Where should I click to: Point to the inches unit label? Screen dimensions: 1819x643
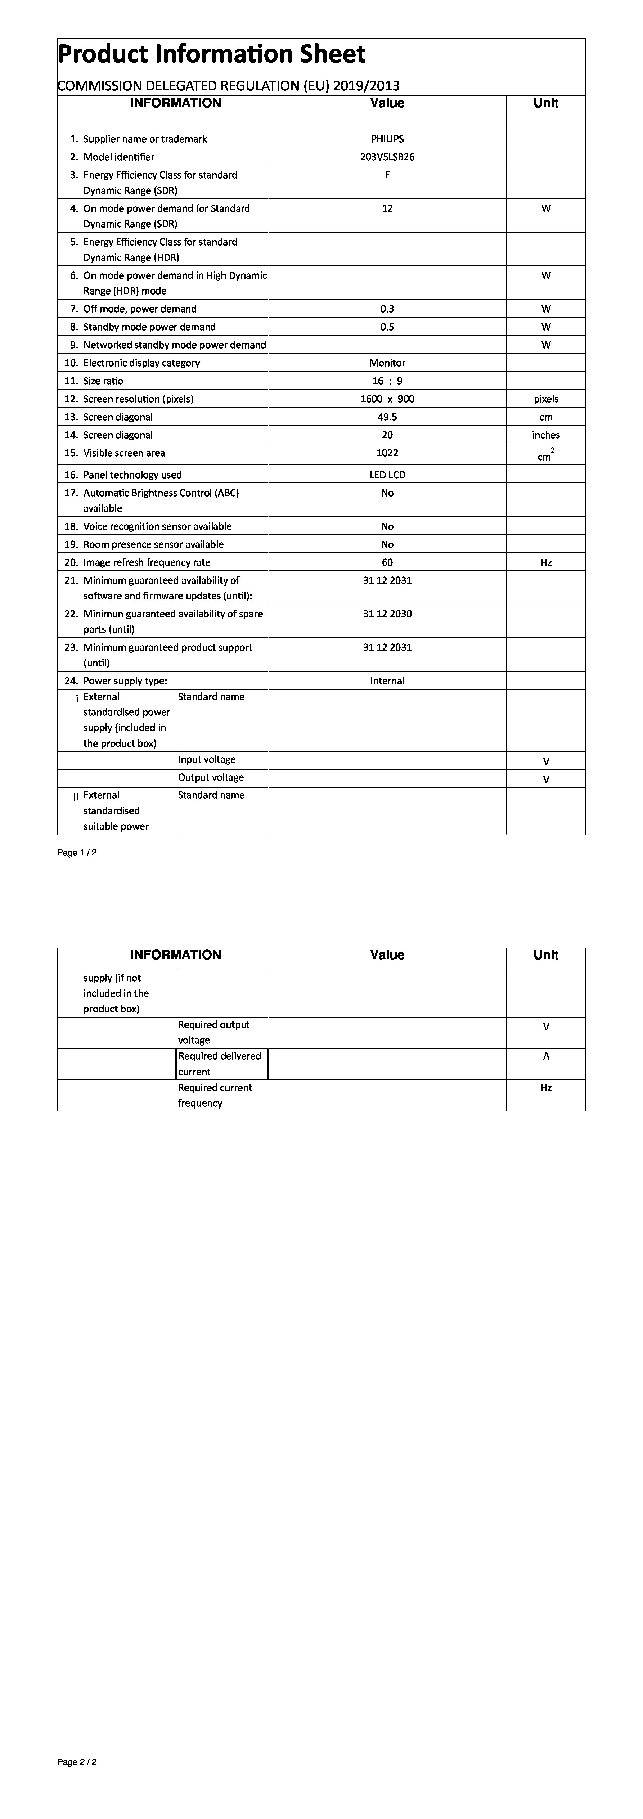tap(545, 435)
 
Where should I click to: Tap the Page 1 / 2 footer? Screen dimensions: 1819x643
tap(77, 852)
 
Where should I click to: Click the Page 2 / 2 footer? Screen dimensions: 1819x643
tap(77, 1762)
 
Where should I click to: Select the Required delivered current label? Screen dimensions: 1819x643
tap(220, 1064)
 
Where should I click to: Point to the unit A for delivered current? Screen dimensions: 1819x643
tap(545, 1056)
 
